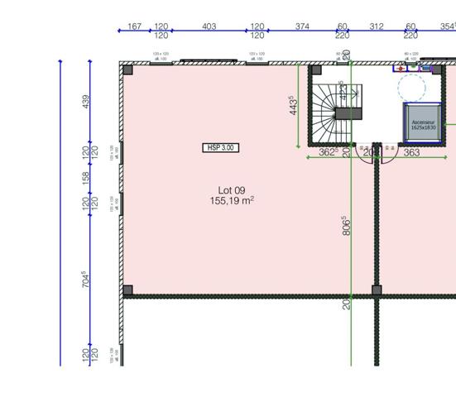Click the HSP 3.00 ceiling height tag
pos(221,147)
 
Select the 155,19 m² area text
pos(232,201)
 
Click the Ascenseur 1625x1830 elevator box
pos(423,123)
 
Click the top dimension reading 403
pos(209,26)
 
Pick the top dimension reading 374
pos(302,26)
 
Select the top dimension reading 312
pos(377,26)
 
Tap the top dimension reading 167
pos(134,26)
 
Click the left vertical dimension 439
pos(85,102)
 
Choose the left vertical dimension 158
pos(85,177)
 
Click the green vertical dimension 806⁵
pos(345,226)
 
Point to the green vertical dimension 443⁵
pos(294,106)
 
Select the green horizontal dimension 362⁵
pos(328,152)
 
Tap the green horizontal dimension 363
pos(411,152)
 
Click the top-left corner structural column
pos(127,69)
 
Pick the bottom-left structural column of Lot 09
pos(127,290)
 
